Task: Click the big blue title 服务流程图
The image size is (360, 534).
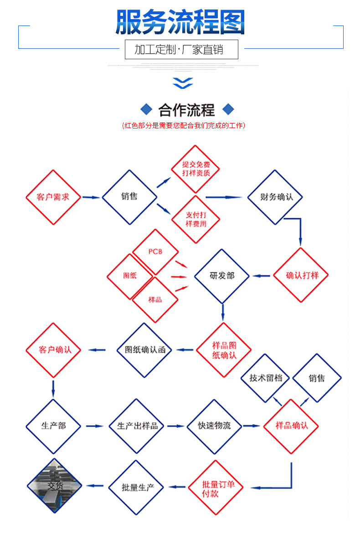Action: tap(180, 22)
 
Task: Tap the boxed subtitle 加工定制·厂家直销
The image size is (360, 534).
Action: tap(181, 49)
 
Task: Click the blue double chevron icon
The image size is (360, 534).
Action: tap(183, 83)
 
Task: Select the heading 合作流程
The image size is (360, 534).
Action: tap(186, 110)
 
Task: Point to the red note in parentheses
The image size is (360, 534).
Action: tap(183, 125)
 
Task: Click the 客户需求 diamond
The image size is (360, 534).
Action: tap(53, 197)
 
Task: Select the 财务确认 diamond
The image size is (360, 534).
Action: tap(275, 197)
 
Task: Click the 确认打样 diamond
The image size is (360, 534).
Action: tap(301, 275)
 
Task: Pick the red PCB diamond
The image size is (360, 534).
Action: tap(155, 252)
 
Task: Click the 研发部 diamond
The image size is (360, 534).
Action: tap(222, 276)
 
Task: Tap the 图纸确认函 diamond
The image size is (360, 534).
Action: tap(144, 350)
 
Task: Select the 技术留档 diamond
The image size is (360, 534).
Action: tap(265, 378)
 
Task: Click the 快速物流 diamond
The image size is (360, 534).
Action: tap(214, 426)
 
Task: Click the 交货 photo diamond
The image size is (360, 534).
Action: tap(54, 486)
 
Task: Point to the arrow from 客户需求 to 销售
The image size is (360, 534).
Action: tap(91, 197)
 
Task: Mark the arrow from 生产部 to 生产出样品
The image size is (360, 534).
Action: tap(95, 426)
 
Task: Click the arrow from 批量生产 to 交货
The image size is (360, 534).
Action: tap(95, 486)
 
